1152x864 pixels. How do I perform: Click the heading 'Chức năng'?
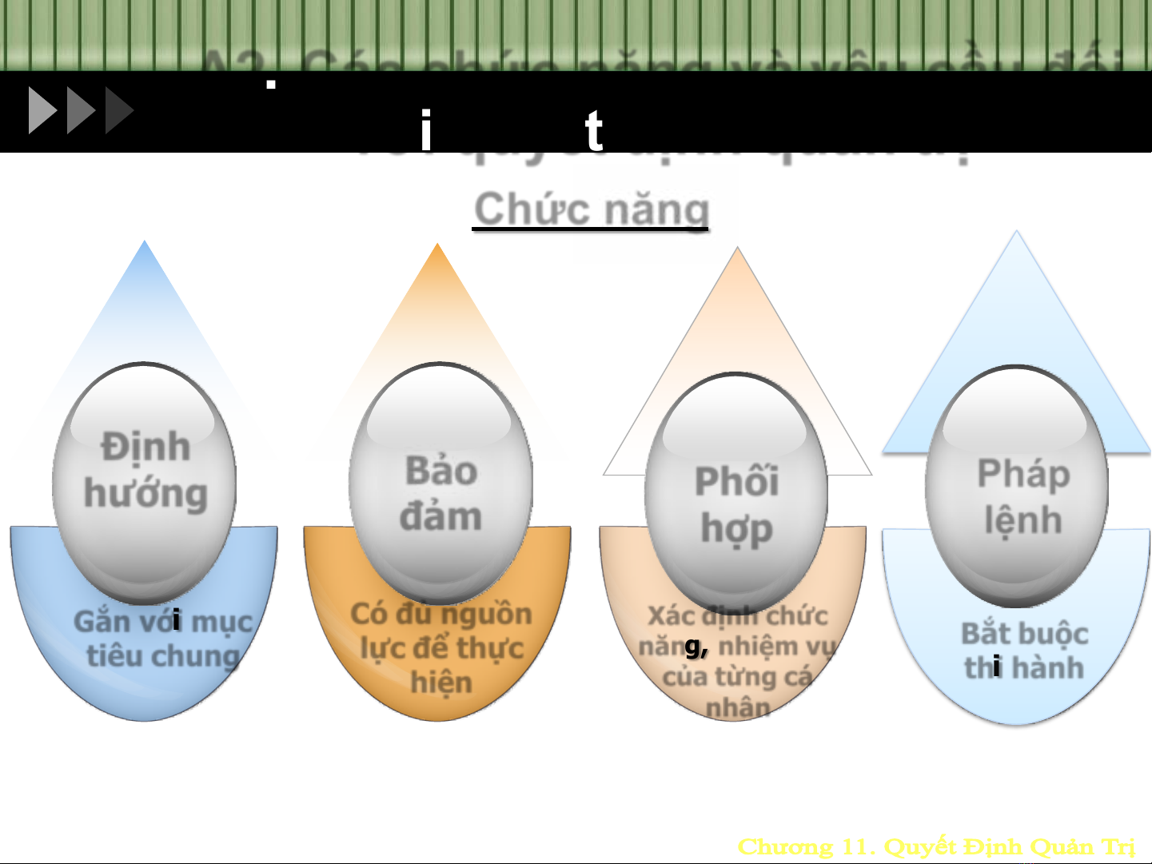click(591, 209)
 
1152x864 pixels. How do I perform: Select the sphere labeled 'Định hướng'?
click(145, 480)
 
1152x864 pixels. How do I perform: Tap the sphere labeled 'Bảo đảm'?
click(440, 484)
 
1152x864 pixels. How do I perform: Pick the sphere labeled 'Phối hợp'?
click(736, 492)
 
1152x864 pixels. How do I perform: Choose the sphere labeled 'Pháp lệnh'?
click(1017, 486)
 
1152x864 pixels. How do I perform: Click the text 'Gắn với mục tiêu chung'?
click(163, 639)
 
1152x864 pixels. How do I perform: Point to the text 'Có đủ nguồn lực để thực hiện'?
click(441, 647)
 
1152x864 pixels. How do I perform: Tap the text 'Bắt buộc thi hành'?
click(1024, 651)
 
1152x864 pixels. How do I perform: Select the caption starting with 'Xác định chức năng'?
click(737, 660)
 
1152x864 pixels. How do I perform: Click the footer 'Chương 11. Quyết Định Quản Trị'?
click(936, 846)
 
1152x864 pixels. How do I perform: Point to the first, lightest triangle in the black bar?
click(42, 110)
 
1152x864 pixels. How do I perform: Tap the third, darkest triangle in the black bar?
click(118, 110)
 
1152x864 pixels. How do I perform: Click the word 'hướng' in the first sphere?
click(145, 494)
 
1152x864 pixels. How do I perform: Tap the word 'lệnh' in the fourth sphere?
click(1023, 520)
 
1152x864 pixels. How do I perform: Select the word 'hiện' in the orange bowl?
click(441, 683)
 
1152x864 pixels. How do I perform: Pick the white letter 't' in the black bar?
click(593, 131)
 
